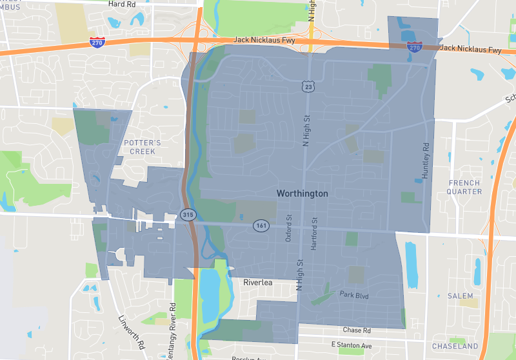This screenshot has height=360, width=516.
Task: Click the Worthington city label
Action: click(302, 194)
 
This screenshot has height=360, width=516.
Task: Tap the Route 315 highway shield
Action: click(188, 215)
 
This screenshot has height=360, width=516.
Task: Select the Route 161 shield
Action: click(261, 226)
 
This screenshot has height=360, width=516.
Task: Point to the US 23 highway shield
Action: click(308, 85)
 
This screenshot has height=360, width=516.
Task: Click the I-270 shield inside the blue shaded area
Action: click(414, 48)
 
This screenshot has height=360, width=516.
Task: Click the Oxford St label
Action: click(288, 228)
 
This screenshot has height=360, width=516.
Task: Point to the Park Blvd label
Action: click(353, 294)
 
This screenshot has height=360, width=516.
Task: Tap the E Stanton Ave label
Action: click(351, 346)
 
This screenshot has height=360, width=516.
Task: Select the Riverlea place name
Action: click(260, 283)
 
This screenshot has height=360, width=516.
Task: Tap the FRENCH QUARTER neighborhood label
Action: click(464, 187)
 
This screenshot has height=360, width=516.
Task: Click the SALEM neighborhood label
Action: click(460, 296)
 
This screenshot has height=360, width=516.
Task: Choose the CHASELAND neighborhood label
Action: click(455, 346)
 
